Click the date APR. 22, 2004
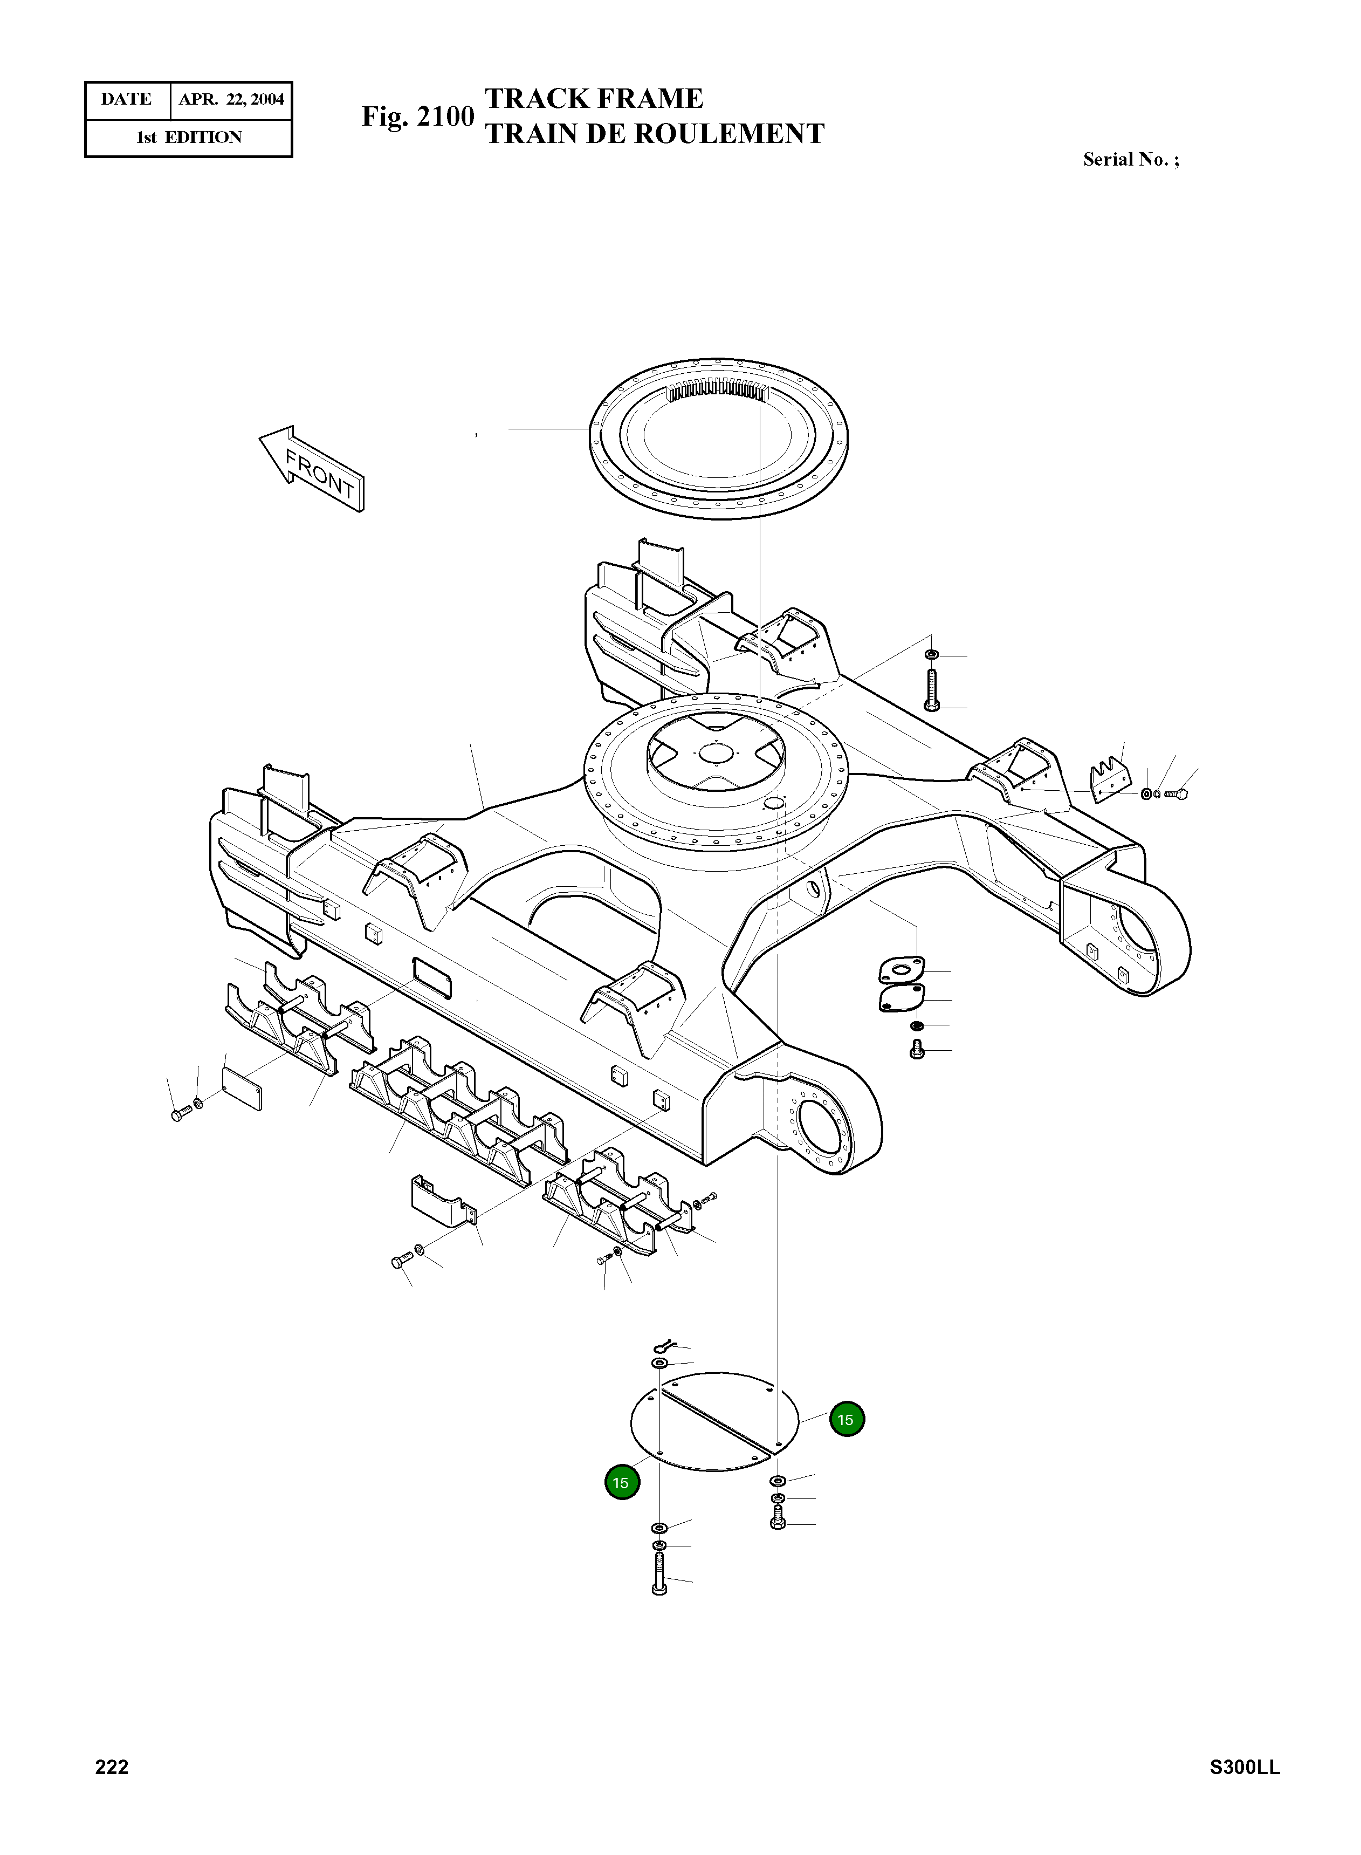(x=231, y=100)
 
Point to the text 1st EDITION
(x=189, y=138)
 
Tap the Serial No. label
(x=1130, y=160)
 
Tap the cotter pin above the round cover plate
(x=663, y=1347)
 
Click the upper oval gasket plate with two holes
(x=901, y=969)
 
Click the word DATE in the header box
(x=126, y=100)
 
